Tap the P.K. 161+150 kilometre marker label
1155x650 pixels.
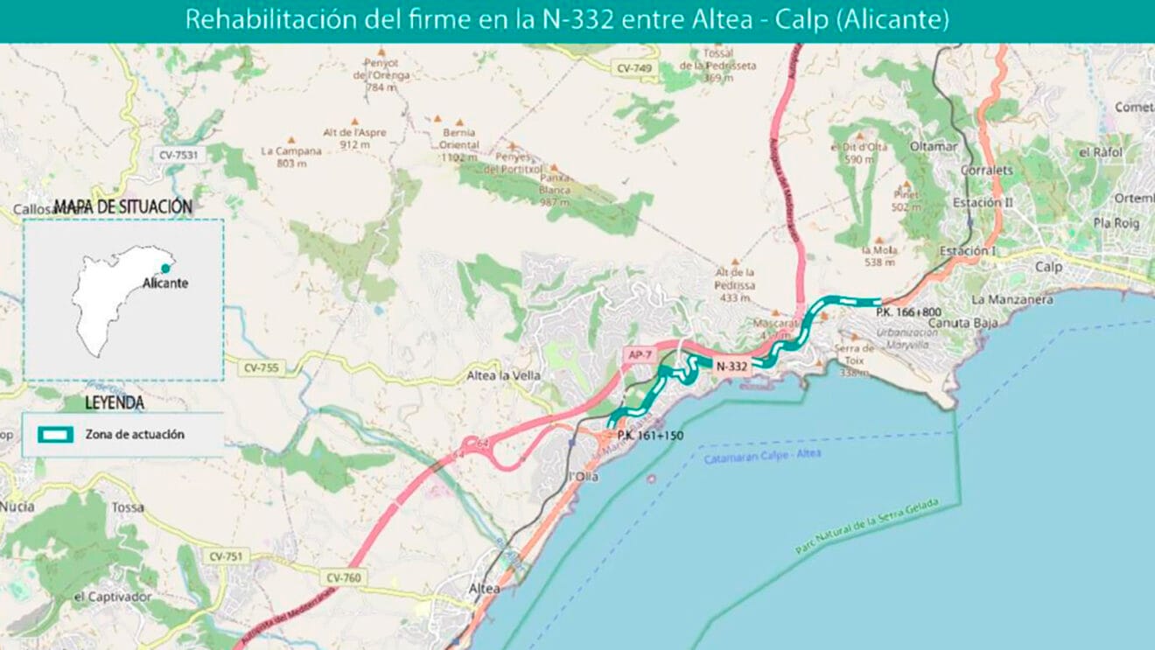point(649,435)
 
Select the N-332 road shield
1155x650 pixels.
point(731,367)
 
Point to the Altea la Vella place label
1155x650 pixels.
point(503,375)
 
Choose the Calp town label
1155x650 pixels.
point(1047,267)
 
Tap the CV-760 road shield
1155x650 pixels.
point(343,577)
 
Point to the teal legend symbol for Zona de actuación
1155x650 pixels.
point(54,434)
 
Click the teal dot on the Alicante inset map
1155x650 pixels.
point(165,269)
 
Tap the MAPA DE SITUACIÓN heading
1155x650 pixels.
point(122,207)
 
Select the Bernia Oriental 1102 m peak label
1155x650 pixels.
point(459,145)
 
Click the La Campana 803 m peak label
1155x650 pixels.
point(291,156)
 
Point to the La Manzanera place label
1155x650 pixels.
point(1011,299)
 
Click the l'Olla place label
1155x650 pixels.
point(583,476)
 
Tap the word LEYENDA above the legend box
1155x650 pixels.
point(115,403)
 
